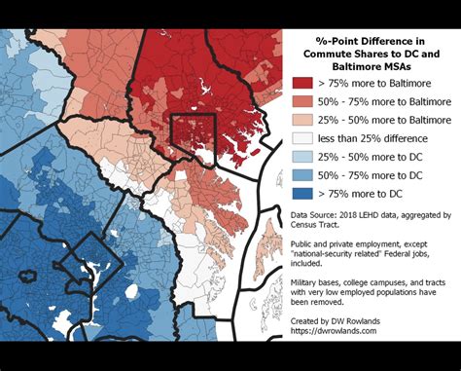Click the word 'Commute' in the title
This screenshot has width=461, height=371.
click(x=327, y=55)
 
